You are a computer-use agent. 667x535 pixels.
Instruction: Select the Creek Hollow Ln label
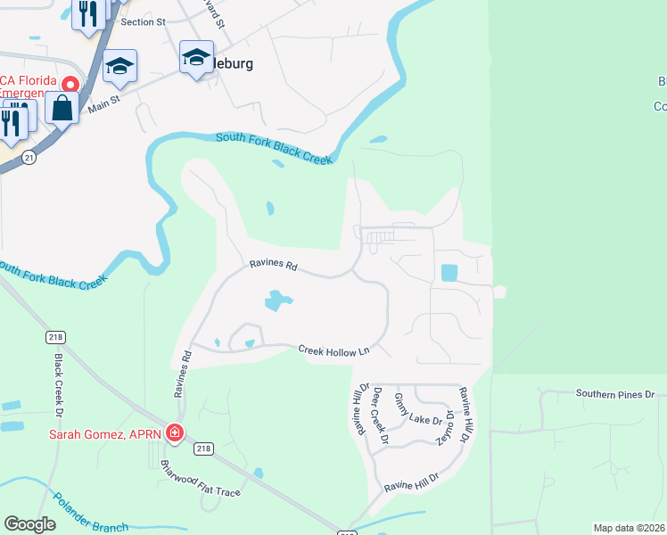pos(333,351)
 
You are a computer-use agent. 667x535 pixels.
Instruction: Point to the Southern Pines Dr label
pos(614,393)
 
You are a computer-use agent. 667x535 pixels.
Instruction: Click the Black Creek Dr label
pos(60,386)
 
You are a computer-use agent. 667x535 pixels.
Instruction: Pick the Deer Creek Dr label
pos(381,415)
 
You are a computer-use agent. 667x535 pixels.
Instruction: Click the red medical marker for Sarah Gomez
pos(175,434)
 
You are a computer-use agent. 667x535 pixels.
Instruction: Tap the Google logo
pos(29,524)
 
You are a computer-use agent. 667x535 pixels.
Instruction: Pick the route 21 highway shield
pos(29,157)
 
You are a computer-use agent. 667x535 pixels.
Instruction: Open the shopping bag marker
pos(62,109)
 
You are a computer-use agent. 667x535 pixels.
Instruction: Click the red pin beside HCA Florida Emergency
pos(69,83)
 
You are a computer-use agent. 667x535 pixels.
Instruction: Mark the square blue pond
pos(449,272)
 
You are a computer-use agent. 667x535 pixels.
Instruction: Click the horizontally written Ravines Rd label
pos(272,266)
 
